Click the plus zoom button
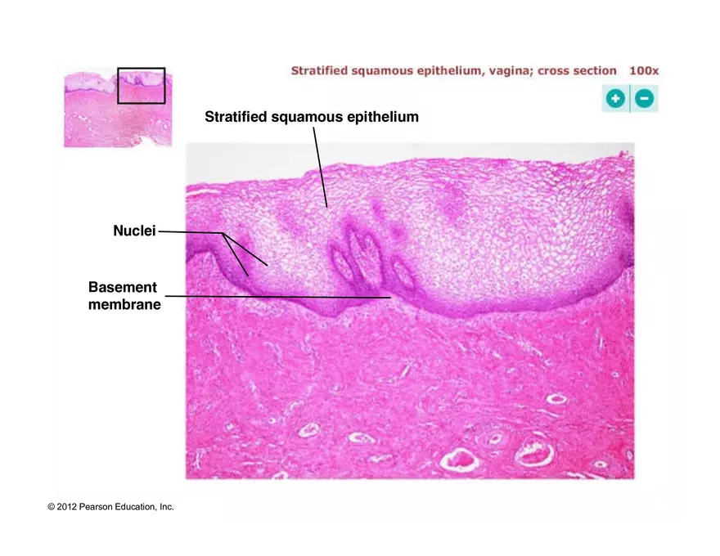point(615,99)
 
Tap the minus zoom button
point(645,99)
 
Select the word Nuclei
point(134,231)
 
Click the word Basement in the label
point(122,288)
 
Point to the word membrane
point(124,305)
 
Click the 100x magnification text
point(643,71)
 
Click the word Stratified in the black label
point(236,117)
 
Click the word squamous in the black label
point(306,117)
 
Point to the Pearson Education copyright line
point(110,507)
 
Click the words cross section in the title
point(577,71)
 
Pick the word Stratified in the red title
point(319,71)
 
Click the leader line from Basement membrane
point(278,297)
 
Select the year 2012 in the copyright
point(67,507)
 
